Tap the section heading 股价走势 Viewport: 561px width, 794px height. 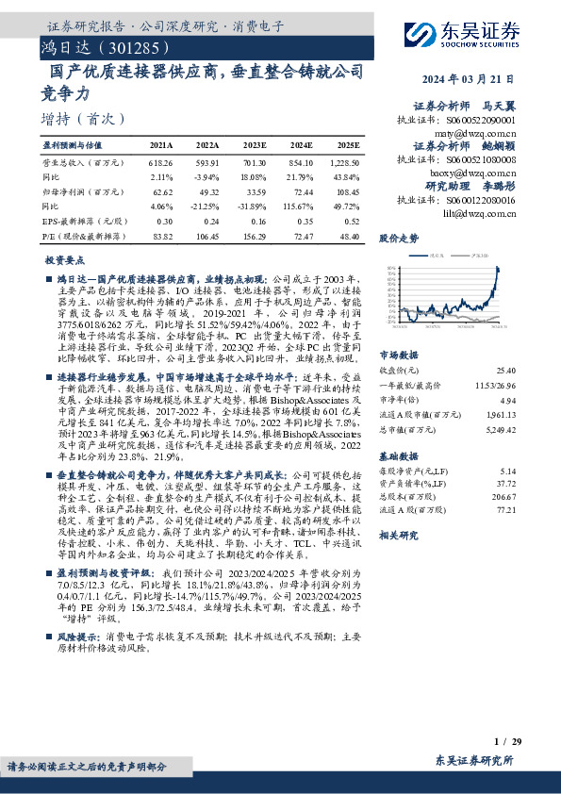click(399, 239)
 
